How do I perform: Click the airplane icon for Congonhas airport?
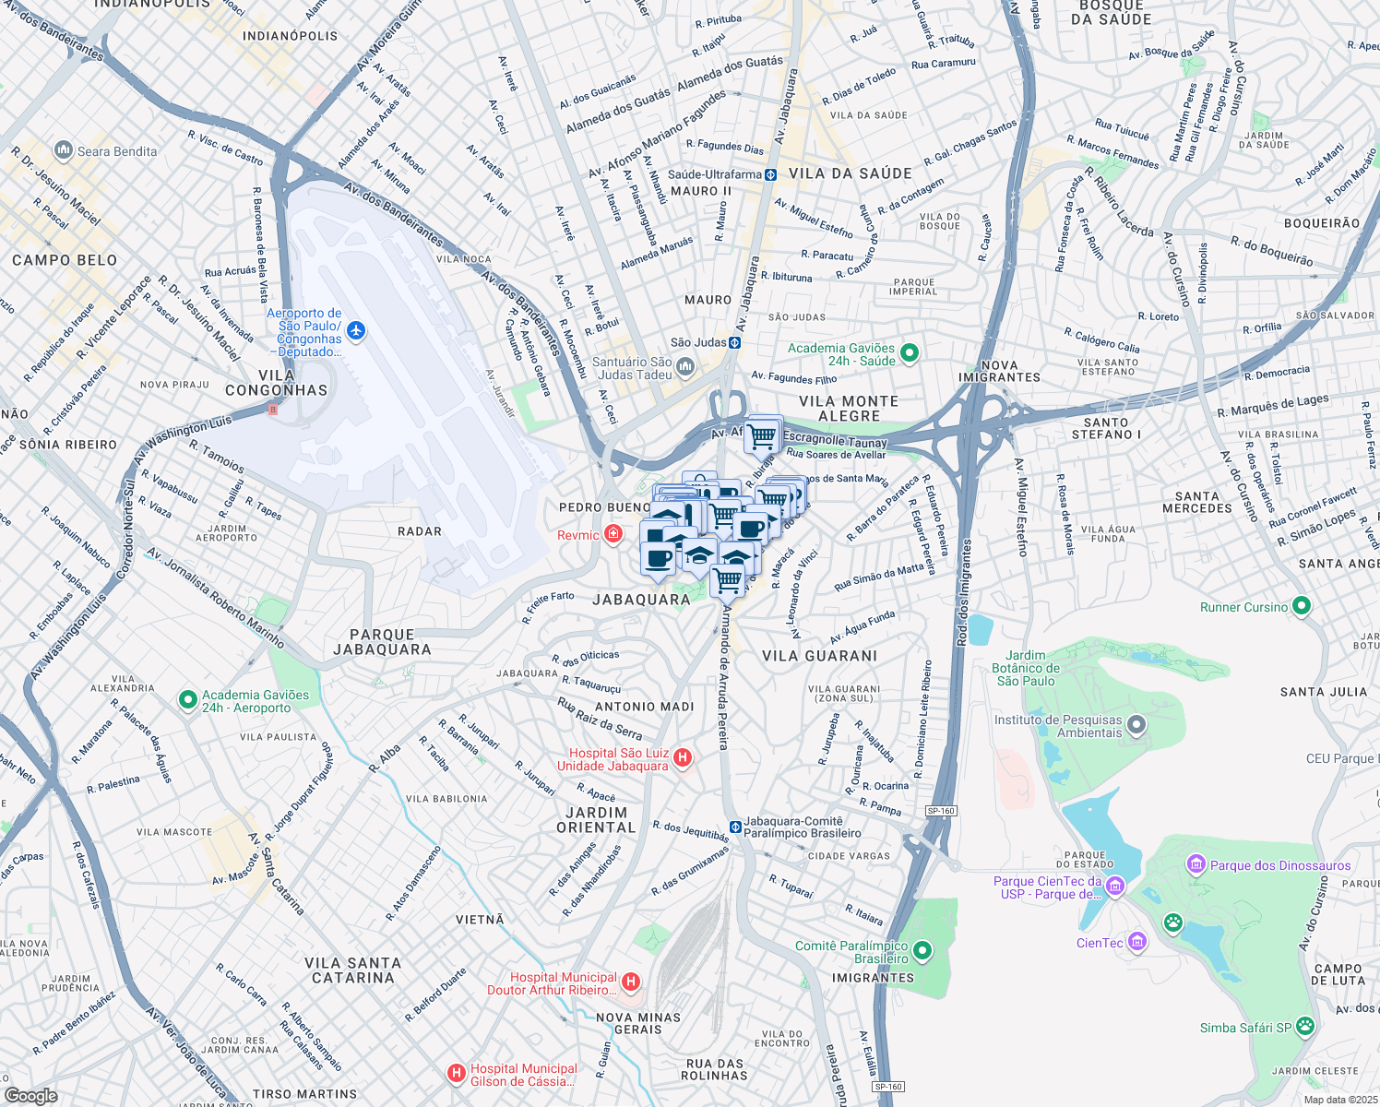pos(356,331)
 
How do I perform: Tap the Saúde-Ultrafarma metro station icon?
pos(769,174)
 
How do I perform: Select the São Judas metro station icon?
pos(734,342)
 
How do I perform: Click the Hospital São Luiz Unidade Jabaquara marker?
pos(683,758)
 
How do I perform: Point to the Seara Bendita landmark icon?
pos(64,149)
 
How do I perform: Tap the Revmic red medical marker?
pos(613,534)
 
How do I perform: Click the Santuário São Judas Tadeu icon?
pos(685,368)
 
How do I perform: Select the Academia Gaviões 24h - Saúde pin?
pos(909,352)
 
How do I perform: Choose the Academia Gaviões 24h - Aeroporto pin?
pos(187,700)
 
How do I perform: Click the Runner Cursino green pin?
pos(1302,606)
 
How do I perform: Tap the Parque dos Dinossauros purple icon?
pos(1196,864)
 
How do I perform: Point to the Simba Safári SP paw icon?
pos(1304,1026)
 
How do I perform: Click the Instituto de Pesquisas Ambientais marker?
pos(1136,725)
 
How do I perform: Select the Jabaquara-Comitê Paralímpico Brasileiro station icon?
pos(734,827)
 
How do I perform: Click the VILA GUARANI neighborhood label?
pos(819,656)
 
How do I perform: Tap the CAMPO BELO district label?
pos(65,260)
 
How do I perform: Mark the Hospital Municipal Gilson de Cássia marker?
pos(456,1073)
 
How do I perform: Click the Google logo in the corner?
pos(30,1095)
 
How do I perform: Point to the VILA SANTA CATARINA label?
pos(352,970)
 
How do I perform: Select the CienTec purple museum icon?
pos(1137,941)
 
